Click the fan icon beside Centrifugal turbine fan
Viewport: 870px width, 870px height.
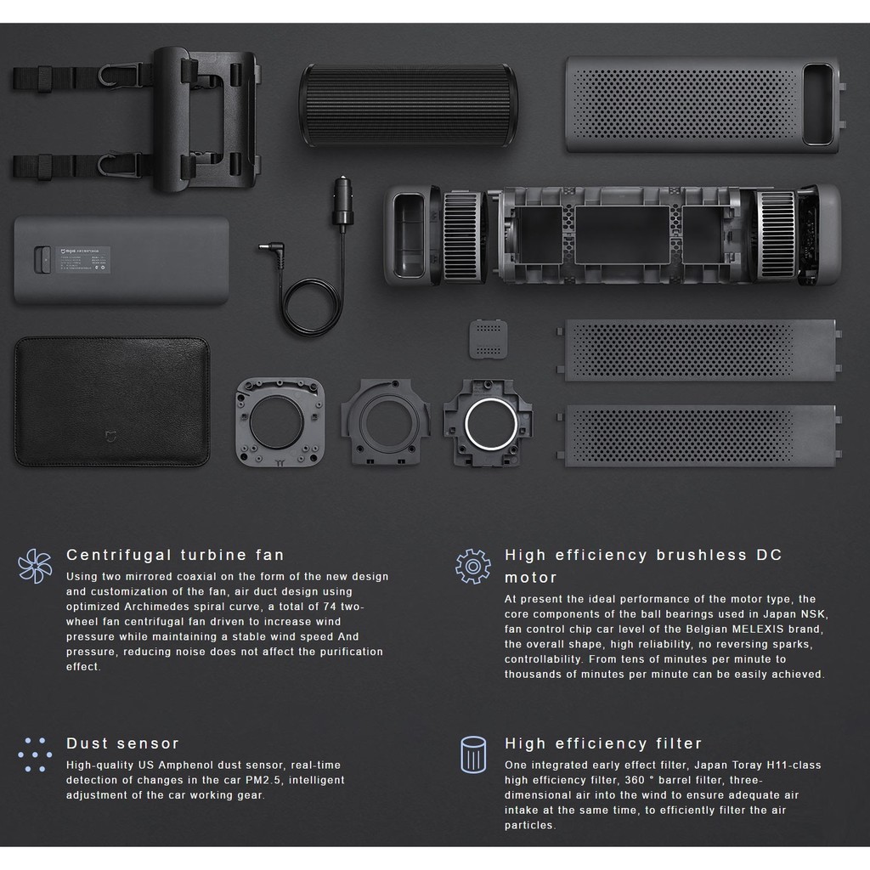tap(35, 566)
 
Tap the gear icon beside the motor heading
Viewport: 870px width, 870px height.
tap(473, 566)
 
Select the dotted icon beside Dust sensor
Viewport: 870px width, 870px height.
tap(35, 754)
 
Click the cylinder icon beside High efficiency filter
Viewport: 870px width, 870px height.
tap(473, 754)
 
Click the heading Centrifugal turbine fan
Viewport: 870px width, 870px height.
tap(175, 556)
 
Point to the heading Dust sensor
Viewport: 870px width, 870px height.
tap(123, 743)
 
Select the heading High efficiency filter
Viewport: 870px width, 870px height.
tap(603, 743)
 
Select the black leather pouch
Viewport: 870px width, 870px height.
tap(111, 401)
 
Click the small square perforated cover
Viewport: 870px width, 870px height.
tap(489, 340)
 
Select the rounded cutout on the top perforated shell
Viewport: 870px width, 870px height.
tap(818, 105)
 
